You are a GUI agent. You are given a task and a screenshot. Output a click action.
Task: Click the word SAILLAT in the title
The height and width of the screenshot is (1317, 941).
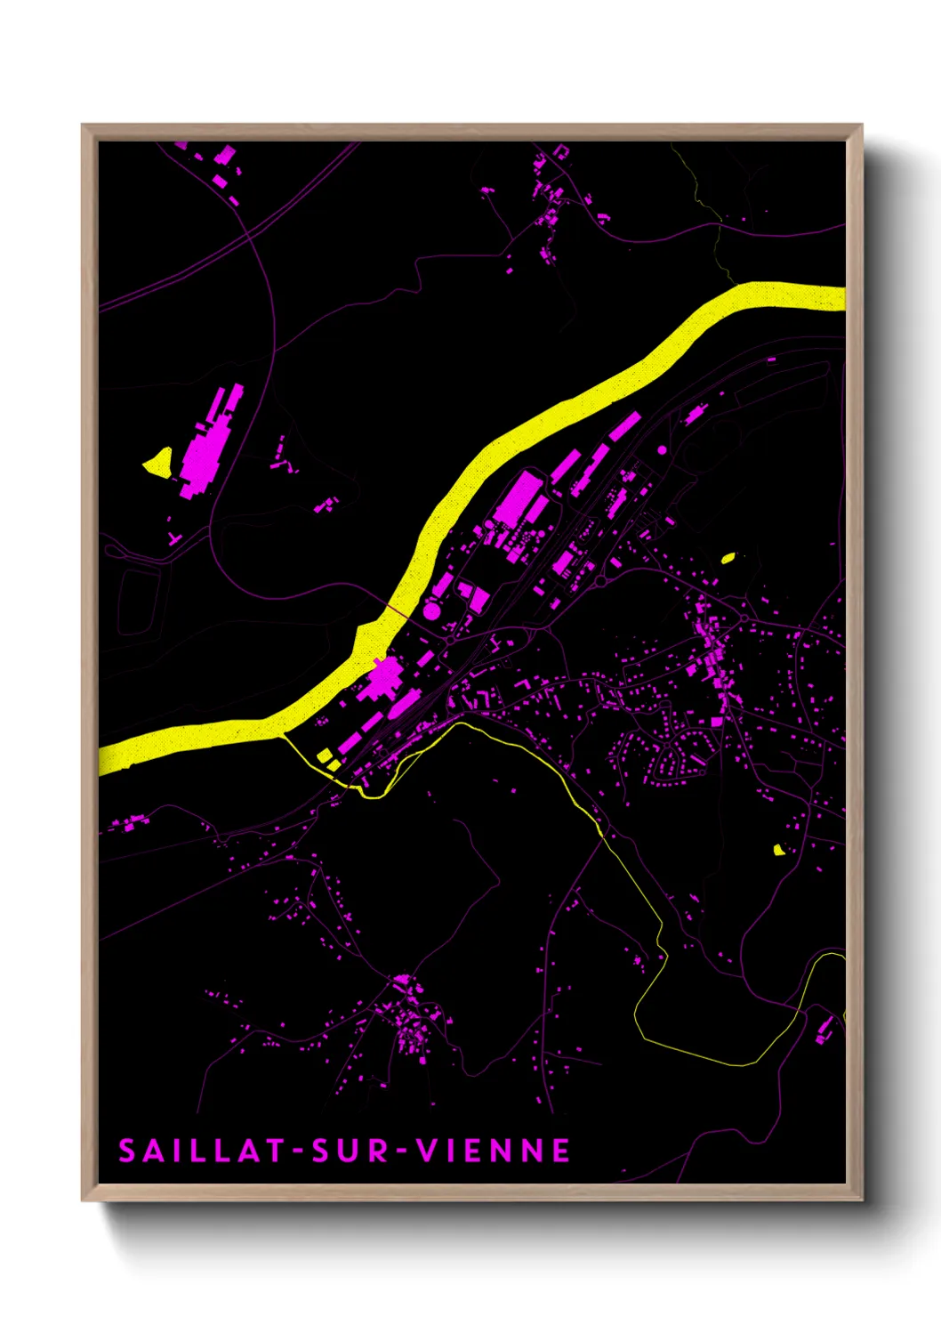[x=201, y=1151]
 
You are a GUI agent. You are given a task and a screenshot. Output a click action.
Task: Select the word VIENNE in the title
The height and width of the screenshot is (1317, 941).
[x=495, y=1151]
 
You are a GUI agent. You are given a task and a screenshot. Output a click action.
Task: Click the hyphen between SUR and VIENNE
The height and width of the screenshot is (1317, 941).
[x=402, y=1151]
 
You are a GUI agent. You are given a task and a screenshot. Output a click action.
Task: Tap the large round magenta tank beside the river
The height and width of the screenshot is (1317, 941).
[x=431, y=610]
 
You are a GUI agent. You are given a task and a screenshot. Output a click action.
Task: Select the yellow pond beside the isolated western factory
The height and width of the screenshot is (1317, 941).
[x=158, y=461]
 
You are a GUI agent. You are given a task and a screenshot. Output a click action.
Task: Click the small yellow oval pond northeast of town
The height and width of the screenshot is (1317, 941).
[x=728, y=558]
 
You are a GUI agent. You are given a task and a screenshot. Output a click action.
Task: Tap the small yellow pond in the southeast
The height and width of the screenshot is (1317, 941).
[x=779, y=850]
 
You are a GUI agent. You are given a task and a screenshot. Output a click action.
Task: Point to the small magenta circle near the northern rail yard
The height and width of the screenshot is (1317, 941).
[x=662, y=450]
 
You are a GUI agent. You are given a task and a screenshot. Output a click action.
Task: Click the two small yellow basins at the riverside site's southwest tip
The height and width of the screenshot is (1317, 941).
[x=328, y=759]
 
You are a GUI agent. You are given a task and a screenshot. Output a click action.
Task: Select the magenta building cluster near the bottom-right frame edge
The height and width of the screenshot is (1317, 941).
[x=824, y=1029]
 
